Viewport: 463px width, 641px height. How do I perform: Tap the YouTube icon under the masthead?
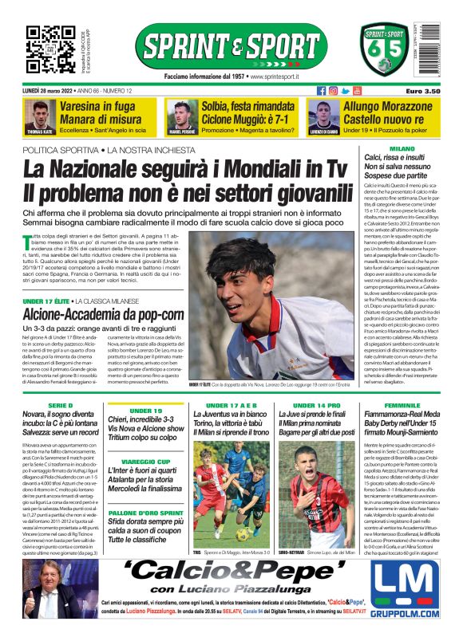point(357,91)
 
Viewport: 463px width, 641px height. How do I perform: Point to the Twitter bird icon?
point(345,91)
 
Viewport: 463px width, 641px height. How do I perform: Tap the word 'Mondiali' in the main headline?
point(243,169)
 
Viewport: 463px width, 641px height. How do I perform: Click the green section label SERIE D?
point(59,407)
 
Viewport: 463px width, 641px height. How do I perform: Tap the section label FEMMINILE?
point(402,407)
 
